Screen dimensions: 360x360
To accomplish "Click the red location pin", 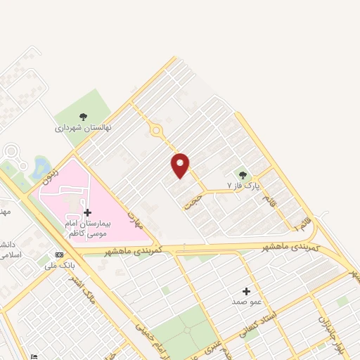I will coord(181,165).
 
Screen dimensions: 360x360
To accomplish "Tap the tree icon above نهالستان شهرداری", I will coord(84,117).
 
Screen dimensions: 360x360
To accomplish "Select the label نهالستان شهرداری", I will coord(84,129).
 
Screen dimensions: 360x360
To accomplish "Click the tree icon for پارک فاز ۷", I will coord(243,175).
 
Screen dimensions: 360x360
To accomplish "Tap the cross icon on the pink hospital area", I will coord(87,212).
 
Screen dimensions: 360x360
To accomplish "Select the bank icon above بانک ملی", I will coord(59,255).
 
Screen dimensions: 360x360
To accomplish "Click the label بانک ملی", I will coord(59,266).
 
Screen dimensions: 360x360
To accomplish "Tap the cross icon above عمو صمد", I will coord(246,290).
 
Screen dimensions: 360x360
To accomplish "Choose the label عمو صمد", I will coord(246,301).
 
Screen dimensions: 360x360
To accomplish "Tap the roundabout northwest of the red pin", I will coord(155,131).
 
